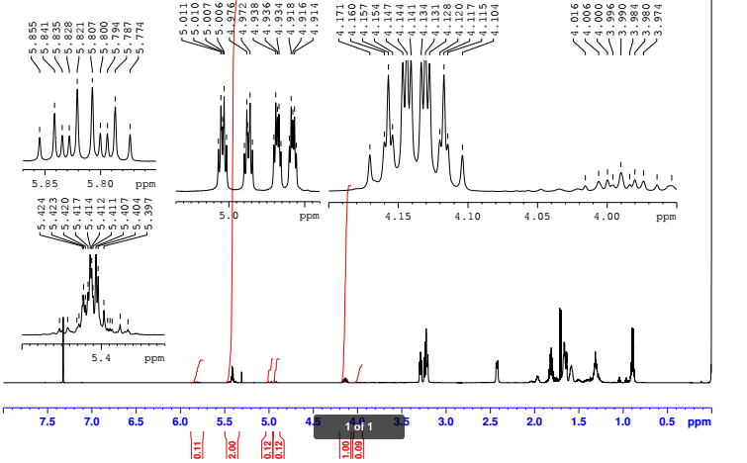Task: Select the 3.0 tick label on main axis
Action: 445,422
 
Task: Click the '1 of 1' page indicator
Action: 358,426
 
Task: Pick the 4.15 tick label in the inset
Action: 397,215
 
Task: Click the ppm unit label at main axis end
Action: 699,422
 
